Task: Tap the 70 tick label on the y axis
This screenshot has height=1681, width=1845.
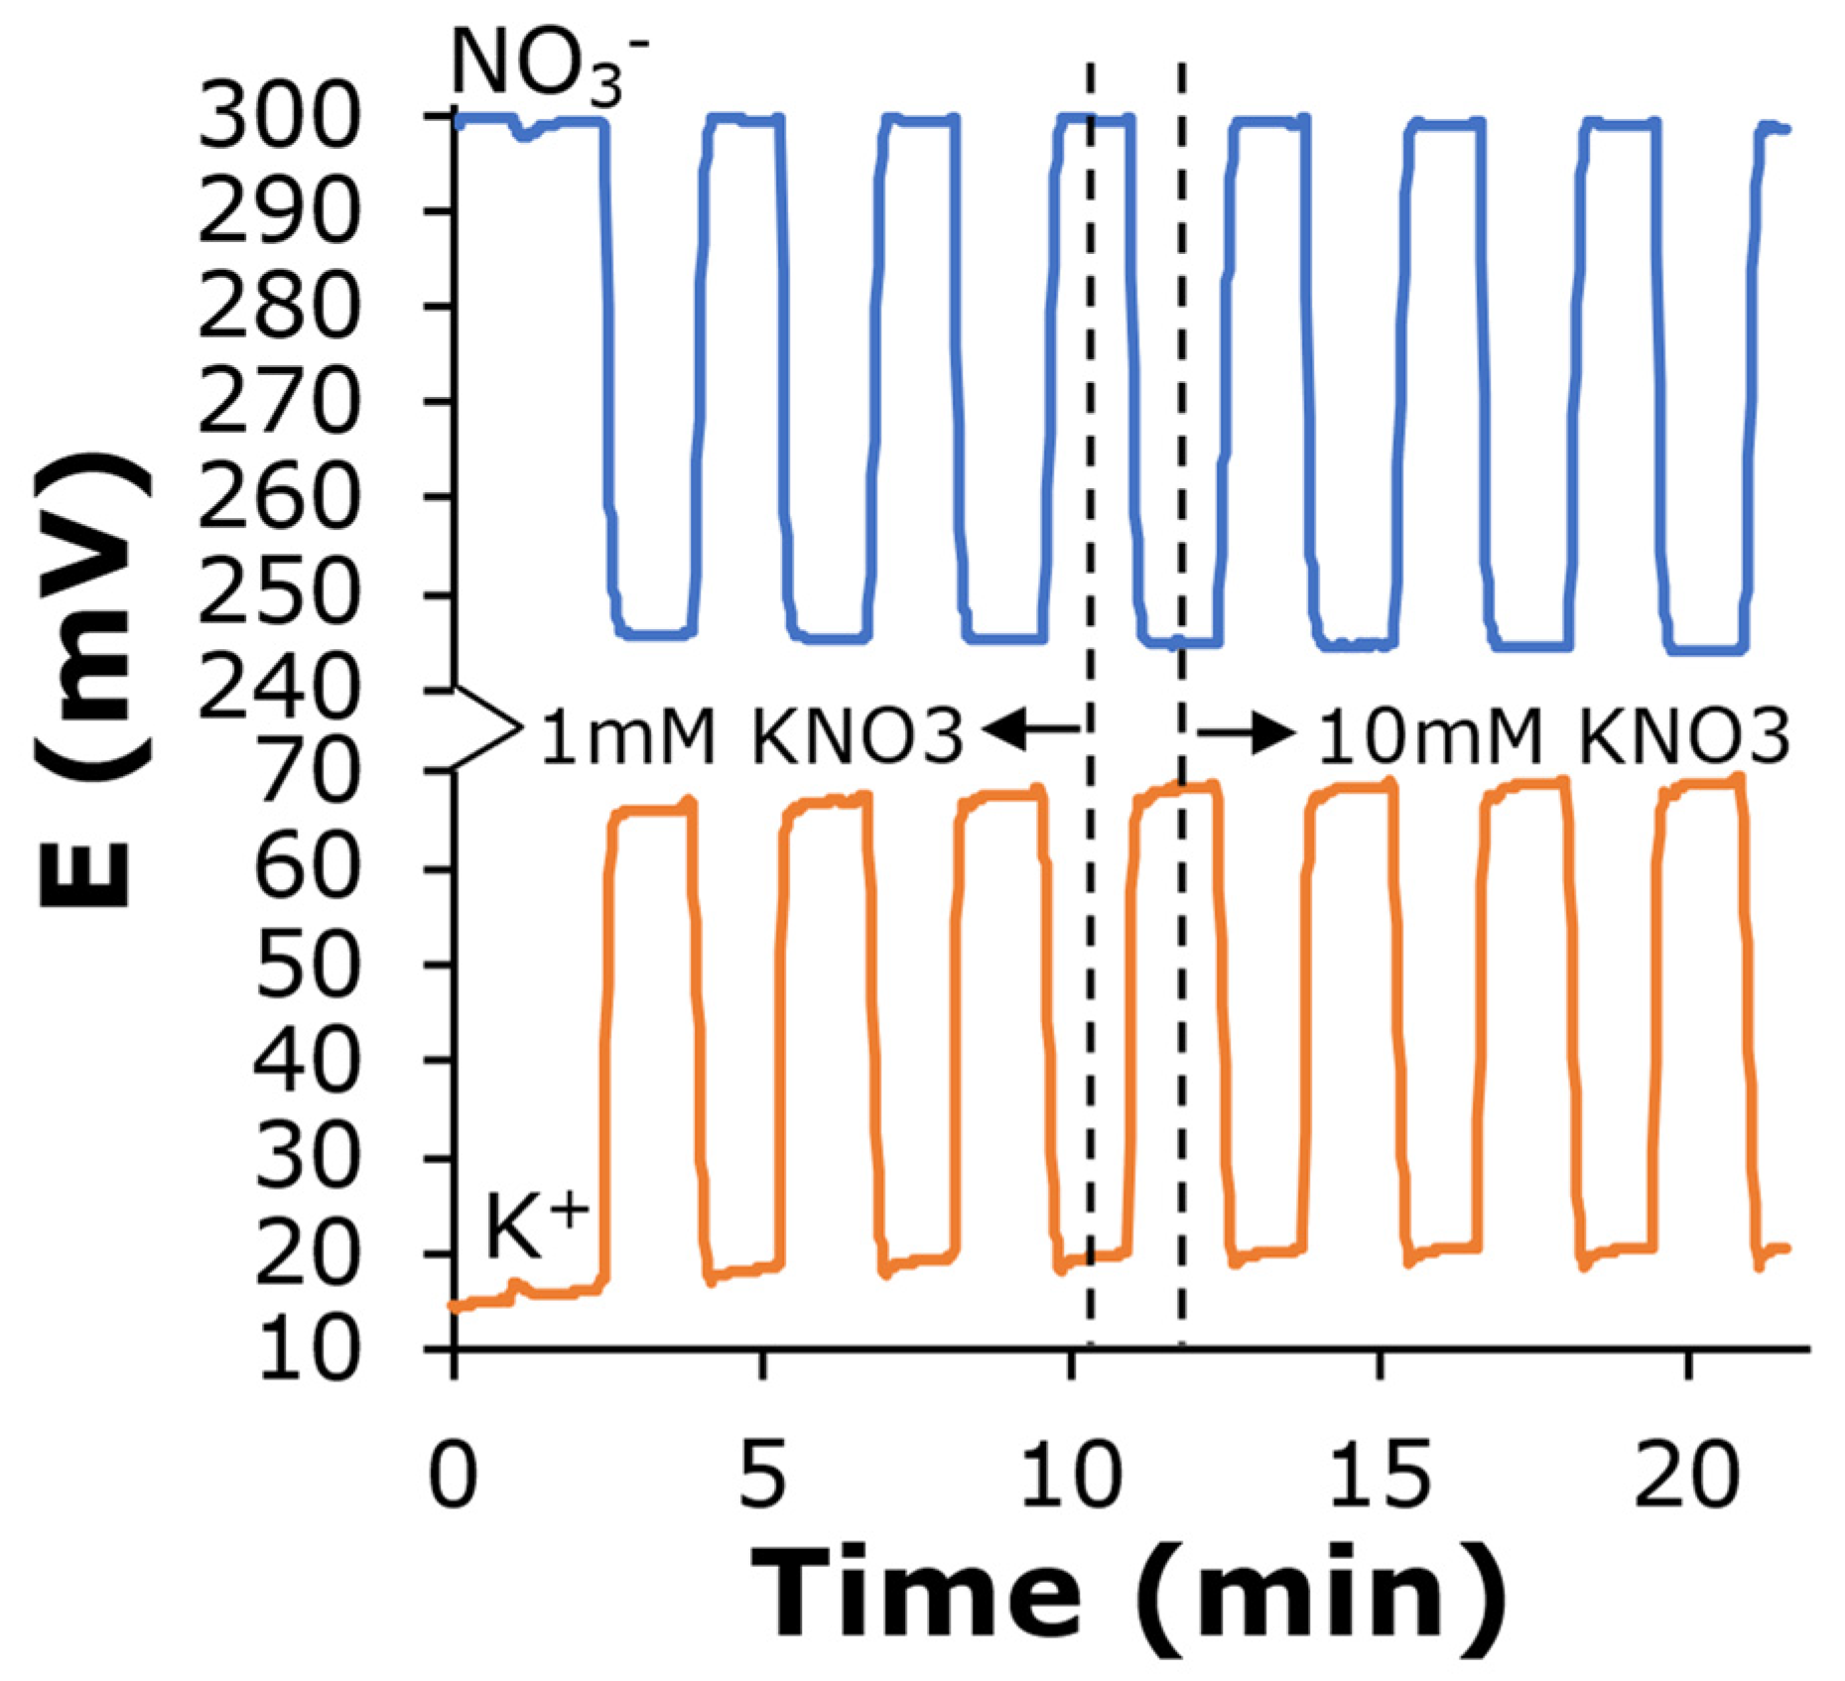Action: coord(304,773)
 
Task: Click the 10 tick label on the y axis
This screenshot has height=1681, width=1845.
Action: coord(304,1350)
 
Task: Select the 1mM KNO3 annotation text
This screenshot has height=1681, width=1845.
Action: coord(751,737)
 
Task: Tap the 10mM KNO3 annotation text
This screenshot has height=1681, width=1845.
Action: coord(1553,737)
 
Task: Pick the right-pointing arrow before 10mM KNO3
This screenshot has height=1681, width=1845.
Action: coord(1247,733)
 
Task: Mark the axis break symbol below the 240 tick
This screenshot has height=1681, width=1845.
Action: coord(486,729)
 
